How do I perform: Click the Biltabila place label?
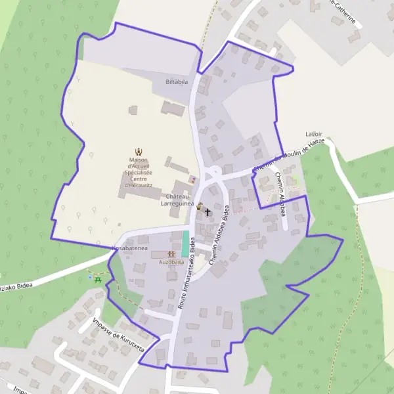176,82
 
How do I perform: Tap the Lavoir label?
314,134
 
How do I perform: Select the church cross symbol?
208,212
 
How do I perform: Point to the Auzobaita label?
171,261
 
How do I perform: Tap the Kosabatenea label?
129,250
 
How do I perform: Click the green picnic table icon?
98,280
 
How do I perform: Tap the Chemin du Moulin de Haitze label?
289,160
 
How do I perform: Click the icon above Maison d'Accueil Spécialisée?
139,152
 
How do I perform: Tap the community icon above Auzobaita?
171,253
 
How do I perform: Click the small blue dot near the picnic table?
90,278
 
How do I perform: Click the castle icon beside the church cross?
200,206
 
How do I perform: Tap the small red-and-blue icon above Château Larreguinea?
192,179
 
